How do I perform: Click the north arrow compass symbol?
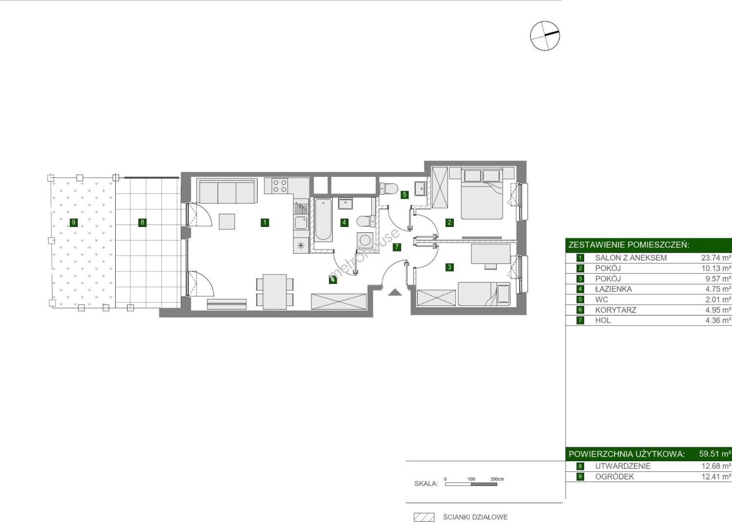pyautogui.click(x=545, y=36)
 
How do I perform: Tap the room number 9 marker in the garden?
pyautogui.click(x=74, y=223)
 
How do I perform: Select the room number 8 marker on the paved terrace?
pyautogui.click(x=142, y=223)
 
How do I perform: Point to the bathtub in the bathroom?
pyautogui.click(x=324, y=220)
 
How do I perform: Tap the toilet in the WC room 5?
pyautogui.click(x=388, y=188)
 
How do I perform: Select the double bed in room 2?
pyautogui.click(x=482, y=194)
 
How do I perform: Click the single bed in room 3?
pyautogui.click(x=484, y=294)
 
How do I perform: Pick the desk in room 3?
pyautogui.click(x=490, y=254)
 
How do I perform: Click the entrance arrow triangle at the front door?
pyautogui.click(x=395, y=292)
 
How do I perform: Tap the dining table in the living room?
pyautogui.click(x=275, y=292)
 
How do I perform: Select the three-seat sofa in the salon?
pyautogui.click(x=227, y=191)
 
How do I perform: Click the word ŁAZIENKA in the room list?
pyautogui.click(x=613, y=289)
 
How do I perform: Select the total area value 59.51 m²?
pyautogui.click(x=715, y=454)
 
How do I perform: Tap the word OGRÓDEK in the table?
pyautogui.click(x=614, y=477)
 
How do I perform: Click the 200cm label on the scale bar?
pyautogui.click(x=497, y=479)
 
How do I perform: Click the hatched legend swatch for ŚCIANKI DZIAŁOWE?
pyautogui.click(x=424, y=517)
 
